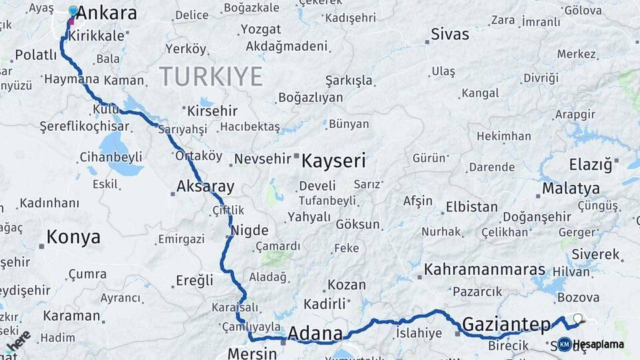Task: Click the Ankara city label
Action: point(107,13)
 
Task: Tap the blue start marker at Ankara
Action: point(73,11)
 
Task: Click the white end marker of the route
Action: point(577,319)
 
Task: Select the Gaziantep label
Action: point(506,325)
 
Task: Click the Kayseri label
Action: point(333,161)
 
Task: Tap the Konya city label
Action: point(73,237)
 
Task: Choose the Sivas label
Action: point(450,34)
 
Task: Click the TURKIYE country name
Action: point(211,77)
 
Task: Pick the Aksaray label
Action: point(205,187)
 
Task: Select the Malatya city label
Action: point(571,189)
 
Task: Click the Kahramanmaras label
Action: point(485,271)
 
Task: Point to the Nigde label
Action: point(249,231)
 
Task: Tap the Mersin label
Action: point(252,353)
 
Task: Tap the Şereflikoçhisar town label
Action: point(84,126)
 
